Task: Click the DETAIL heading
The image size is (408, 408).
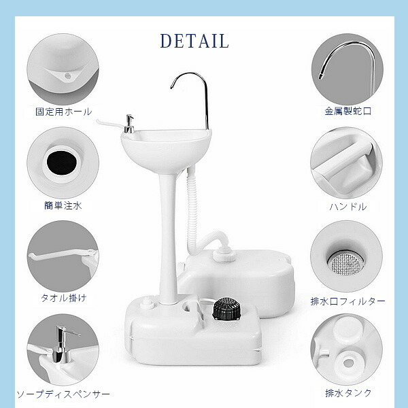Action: pyautogui.click(x=194, y=41)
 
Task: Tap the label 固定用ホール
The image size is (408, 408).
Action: pyautogui.click(x=64, y=112)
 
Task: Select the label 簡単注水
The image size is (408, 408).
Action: pyautogui.click(x=63, y=205)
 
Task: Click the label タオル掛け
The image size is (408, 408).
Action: pyautogui.click(x=63, y=298)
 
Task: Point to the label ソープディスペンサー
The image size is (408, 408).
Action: pyautogui.click(x=63, y=394)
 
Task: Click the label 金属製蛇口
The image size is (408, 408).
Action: pyautogui.click(x=348, y=111)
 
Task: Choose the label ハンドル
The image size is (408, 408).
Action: pyautogui.click(x=348, y=207)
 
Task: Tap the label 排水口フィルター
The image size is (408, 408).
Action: pyautogui.click(x=348, y=301)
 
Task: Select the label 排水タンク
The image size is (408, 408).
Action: pyautogui.click(x=348, y=393)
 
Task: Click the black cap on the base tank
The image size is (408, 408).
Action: pyautogui.click(x=226, y=309)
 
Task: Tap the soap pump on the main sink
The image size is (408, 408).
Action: pyautogui.click(x=129, y=124)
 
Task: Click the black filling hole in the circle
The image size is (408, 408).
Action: pyautogui.click(x=62, y=163)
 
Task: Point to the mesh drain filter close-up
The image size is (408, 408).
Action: pyautogui.click(x=345, y=262)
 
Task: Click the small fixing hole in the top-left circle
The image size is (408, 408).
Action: pyautogui.click(x=67, y=76)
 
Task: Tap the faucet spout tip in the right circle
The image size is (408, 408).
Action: pyautogui.click(x=320, y=76)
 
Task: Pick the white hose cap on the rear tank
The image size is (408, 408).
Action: pyautogui.click(x=224, y=256)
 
